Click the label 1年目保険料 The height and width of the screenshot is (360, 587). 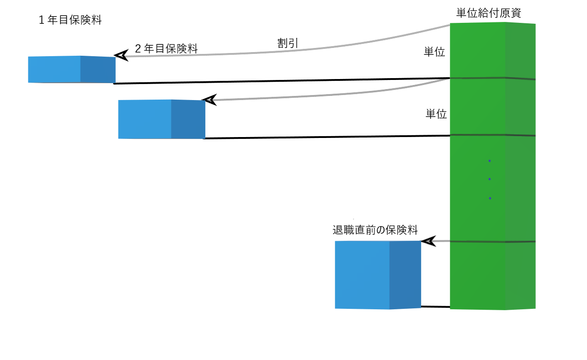click(70, 21)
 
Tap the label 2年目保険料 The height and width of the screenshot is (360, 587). click(166, 49)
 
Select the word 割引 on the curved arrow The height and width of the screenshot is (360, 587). click(288, 43)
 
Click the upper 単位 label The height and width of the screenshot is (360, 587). click(435, 53)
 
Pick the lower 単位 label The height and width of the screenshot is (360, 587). click(436, 114)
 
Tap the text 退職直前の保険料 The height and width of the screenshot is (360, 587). click(375, 230)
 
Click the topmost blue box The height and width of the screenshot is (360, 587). click(71, 69)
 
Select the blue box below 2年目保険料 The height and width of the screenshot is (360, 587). click(161, 119)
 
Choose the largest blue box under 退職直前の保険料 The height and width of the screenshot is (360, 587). click(378, 275)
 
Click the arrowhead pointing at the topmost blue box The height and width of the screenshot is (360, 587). click(121, 56)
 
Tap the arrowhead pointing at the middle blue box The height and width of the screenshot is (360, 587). click(209, 100)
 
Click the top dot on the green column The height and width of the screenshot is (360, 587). click(489, 161)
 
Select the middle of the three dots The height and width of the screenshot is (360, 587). click(489, 179)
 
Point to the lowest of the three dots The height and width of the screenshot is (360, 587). click(490, 198)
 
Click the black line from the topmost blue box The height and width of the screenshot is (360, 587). click(281, 81)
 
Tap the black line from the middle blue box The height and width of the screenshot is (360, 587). click(327, 137)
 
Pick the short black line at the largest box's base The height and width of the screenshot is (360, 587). click(435, 307)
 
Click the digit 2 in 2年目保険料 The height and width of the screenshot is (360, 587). click(138, 49)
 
